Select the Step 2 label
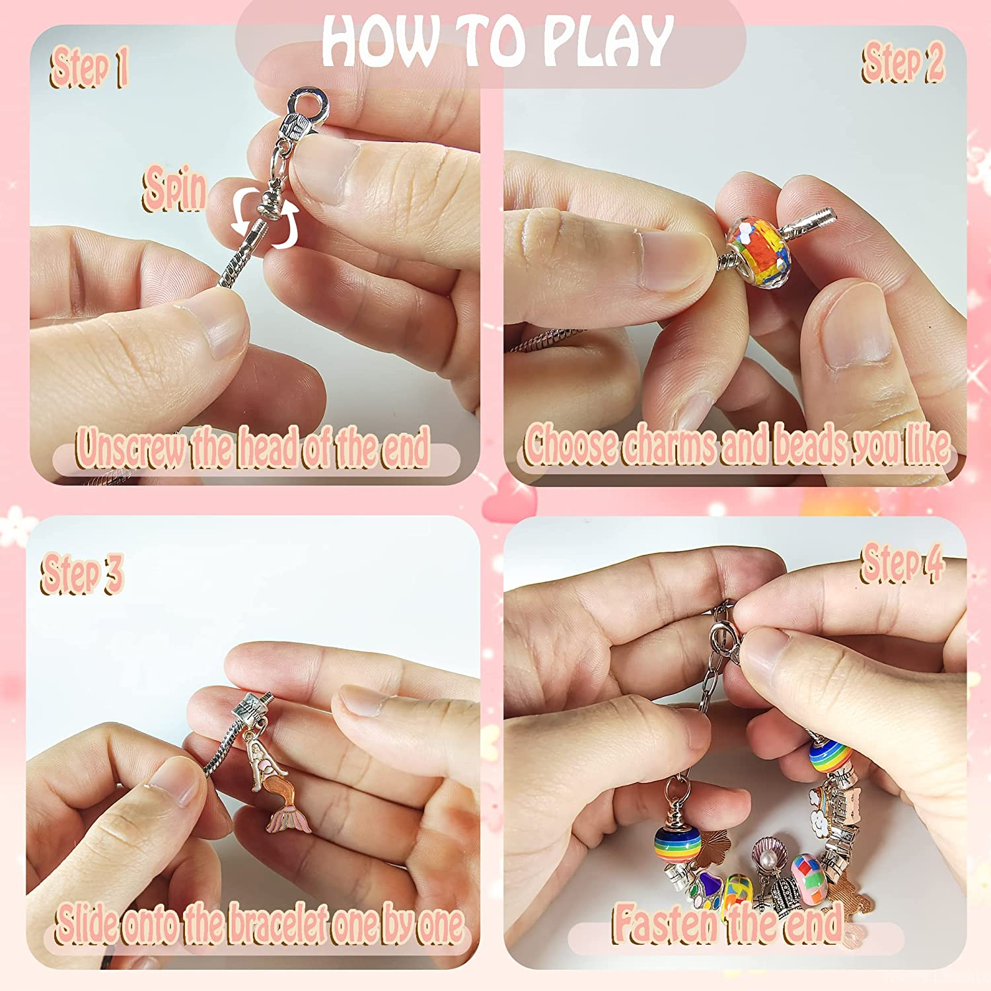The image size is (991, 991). pos(902,63)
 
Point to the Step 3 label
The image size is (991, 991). pos(82,573)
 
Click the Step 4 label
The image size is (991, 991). pos(902,564)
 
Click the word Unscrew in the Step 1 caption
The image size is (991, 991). pos(130,448)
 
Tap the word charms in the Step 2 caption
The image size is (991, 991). pos(669,445)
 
